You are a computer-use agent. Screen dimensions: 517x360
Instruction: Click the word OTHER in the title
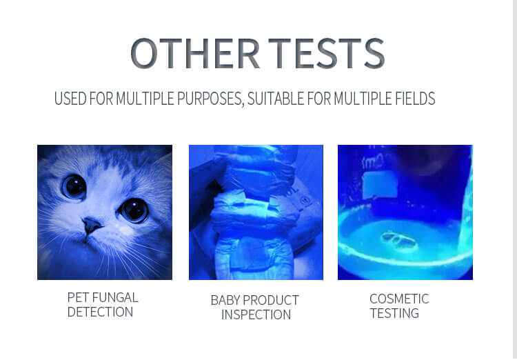(x=195, y=53)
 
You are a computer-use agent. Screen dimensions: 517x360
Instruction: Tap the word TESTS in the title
(x=327, y=53)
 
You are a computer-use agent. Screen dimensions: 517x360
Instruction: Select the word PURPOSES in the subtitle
(x=210, y=99)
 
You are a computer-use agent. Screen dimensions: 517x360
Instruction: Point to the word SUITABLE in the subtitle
(x=276, y=98)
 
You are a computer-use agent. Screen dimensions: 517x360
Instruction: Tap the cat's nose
(x=91, y=225)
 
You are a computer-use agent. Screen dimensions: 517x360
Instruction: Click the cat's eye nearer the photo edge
(x=74, y=187)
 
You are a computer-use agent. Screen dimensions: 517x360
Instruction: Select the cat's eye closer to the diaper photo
(x=134, y=210)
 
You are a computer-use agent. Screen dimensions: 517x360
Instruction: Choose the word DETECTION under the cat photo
(x=100, y=312)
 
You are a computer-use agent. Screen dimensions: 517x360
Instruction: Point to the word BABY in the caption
(x=225, y=300)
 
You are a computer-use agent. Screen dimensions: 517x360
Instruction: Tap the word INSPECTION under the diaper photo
(x=256, y=314)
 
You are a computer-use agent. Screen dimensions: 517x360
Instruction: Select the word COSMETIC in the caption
(x=399, y=299)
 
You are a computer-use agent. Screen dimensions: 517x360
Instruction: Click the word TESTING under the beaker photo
(x=394, y=313)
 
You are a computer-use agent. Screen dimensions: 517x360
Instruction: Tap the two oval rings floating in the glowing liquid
(x=399, y=240)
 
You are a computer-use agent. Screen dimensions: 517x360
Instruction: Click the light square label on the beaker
(x=380, y=185)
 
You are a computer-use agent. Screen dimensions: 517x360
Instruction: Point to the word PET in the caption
(x=78, y=297)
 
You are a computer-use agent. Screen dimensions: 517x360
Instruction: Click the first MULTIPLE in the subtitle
(x=145, y=98)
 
